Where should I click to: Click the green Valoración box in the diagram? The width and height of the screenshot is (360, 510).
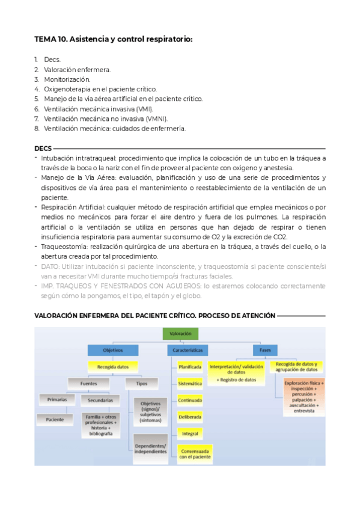point(180,333)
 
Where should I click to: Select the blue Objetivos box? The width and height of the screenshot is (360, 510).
point(113,350)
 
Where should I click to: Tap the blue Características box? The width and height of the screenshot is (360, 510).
point(188,350)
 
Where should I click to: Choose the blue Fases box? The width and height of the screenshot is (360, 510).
point(265,350)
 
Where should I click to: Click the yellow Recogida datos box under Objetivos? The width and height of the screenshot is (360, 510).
point(113,366)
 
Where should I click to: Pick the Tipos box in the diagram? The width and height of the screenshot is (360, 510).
point(142,382)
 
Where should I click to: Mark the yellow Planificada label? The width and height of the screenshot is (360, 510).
point(190,366)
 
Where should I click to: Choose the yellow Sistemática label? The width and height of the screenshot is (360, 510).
point(190,383)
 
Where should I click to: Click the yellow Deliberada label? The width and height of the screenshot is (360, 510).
point(190,416)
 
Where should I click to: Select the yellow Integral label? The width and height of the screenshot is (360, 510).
point(190,433)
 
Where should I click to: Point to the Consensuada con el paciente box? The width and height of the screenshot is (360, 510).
point(194,453)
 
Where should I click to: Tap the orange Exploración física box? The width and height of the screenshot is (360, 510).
point(304,395)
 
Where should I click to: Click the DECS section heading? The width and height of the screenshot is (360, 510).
point(43,149)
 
